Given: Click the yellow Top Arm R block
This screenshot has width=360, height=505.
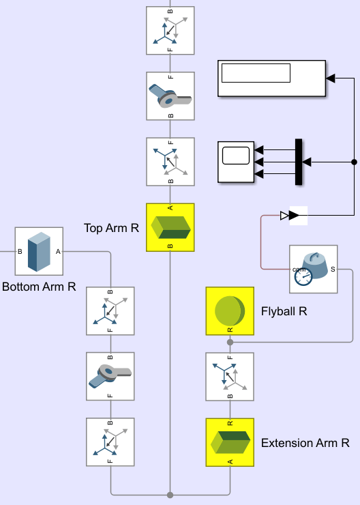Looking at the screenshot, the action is coord(170,227).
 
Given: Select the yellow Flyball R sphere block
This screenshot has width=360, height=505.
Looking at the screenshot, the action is coord(230,311).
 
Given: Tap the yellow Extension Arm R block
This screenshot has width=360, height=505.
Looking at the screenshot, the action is coord(230,442).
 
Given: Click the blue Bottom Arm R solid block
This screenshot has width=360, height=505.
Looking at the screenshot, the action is coord(39,251).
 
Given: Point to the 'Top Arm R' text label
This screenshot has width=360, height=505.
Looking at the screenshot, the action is coord(111,228).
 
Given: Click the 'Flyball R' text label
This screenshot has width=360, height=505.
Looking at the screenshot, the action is coord(284,311).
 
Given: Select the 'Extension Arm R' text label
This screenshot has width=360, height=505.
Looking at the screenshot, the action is coord(305,443).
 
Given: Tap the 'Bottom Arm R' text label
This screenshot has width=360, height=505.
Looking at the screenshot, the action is coord(39,287).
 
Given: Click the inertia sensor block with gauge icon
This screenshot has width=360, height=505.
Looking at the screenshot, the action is coord(314,270).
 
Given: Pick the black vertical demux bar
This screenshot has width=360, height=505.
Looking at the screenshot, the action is coord(299,162).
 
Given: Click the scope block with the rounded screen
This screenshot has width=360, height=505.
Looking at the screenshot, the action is coord(236,162).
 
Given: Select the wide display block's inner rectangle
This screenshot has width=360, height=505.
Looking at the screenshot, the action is coord(256,73).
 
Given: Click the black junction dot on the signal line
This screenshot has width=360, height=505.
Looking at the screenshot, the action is coord(355,162).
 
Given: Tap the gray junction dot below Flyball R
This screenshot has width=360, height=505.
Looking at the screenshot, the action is coord(230,342).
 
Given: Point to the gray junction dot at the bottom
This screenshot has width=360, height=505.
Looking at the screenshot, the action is coord(170,495).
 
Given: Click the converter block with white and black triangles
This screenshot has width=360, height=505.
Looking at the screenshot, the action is coord(294,216).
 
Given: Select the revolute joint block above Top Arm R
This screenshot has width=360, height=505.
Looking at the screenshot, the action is coord(170,96).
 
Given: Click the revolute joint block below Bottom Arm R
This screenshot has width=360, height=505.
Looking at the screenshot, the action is coord(110,376).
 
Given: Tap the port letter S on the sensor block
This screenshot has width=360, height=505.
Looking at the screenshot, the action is coord(333,270).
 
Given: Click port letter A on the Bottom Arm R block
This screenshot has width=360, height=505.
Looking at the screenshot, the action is coord(58,252).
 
